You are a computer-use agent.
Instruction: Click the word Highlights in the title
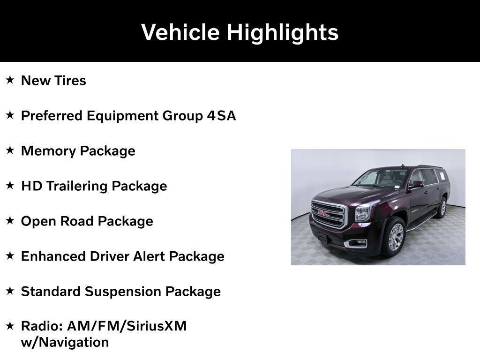point(283,33)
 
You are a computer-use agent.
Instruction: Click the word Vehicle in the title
point(180,33)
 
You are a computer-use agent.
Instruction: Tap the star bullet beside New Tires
point(10,80)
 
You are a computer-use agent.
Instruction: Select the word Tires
point(70,81)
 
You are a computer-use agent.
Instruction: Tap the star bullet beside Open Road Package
point(10,221)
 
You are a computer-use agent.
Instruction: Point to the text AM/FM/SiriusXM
point(127,326)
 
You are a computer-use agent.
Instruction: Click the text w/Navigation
point(65,342)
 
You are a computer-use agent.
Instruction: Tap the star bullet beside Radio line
point(10,326)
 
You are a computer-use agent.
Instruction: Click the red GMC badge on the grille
point(323,213)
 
